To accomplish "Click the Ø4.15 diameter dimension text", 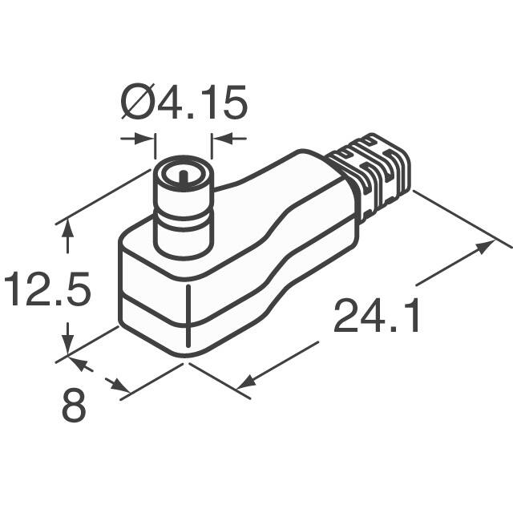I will (x=183, y=103).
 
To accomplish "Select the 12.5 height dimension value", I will (x=45, y=290).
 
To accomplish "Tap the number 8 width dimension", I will (x=74, y=407).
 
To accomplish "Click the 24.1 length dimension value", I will (x=377, y=317).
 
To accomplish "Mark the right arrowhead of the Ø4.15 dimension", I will (x=217, y=139).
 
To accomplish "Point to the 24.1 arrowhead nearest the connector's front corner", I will (x=250, y=380).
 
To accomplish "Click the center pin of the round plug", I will (x=183, y=173).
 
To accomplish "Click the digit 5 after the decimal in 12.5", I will (x=74, y=290).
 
